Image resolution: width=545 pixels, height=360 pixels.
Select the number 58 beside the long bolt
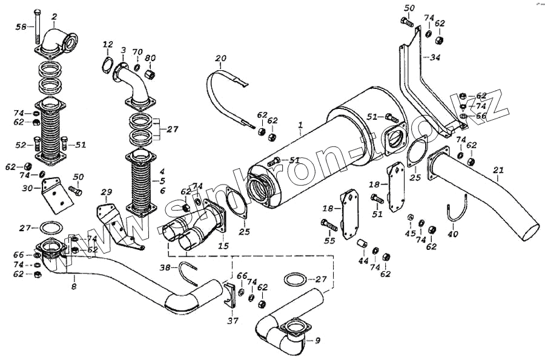click(20, 27)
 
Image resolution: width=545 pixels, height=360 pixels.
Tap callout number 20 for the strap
click(221, 59)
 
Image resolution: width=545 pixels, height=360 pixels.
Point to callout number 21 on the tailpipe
click(498, 170)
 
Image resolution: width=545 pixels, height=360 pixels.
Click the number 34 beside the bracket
click(435, 57)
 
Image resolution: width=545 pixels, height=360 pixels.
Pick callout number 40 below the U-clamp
click(453, 233)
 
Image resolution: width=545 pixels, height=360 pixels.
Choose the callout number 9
click(318, 341)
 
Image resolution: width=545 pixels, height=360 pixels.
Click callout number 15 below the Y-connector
click(223, 246)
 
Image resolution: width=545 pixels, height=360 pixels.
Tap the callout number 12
click(108, 44)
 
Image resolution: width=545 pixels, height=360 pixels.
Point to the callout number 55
click(329, 241)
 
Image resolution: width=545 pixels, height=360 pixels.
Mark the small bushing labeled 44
click(363, 244)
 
